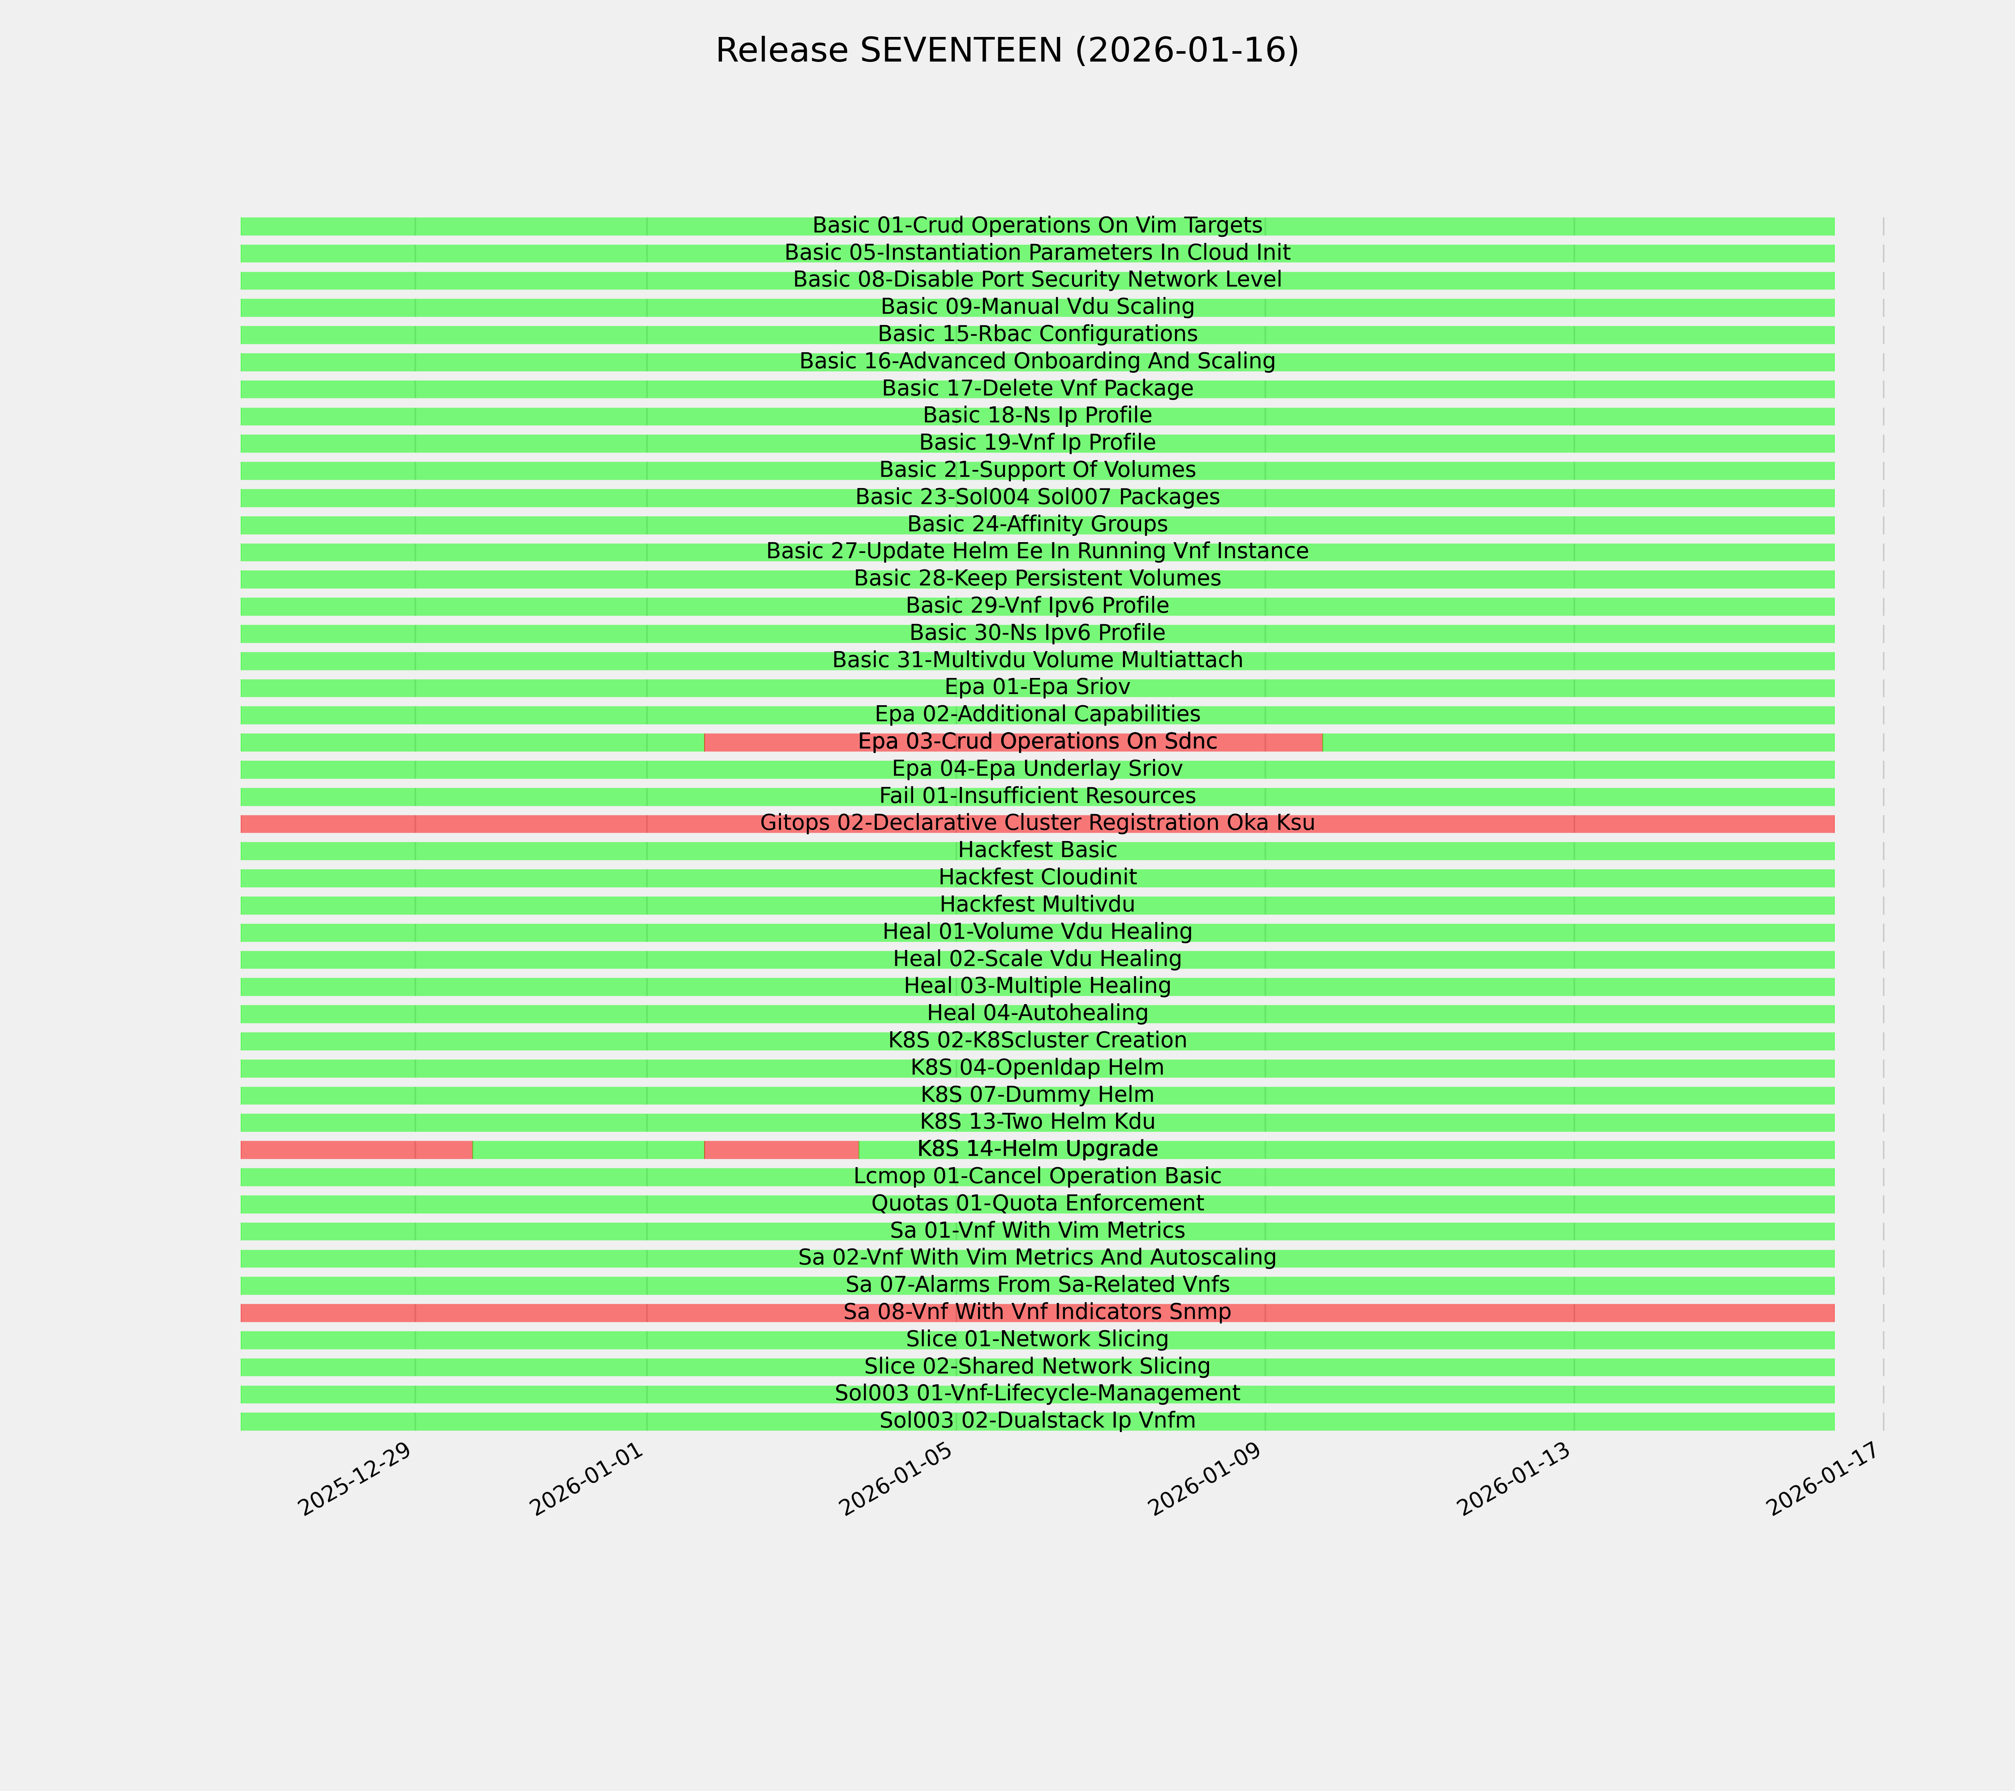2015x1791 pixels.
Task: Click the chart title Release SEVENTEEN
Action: tap(1006, 50)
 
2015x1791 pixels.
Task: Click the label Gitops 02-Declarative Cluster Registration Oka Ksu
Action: tap(1037, 823)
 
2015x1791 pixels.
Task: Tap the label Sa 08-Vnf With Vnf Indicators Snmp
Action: tap(1037, 1312)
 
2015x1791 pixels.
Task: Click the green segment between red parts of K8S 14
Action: tap(588, 1149)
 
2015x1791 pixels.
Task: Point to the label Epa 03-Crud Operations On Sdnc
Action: tap(1037, 741)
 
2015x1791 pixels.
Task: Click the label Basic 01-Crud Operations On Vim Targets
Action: tap(1037, 226)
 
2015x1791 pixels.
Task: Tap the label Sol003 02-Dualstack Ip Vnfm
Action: tap(1037, 1420)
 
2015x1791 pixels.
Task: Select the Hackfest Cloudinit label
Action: tap(1037, 877)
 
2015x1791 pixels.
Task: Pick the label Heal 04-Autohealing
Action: tap(1037, 1013)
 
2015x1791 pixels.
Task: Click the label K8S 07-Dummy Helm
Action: tap(1037, 1095)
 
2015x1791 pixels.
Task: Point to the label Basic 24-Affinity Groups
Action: tap(1037, 524)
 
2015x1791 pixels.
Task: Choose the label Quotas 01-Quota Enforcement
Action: tap(1037, 1204)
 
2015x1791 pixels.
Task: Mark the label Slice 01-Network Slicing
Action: tap(1037, 1340)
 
